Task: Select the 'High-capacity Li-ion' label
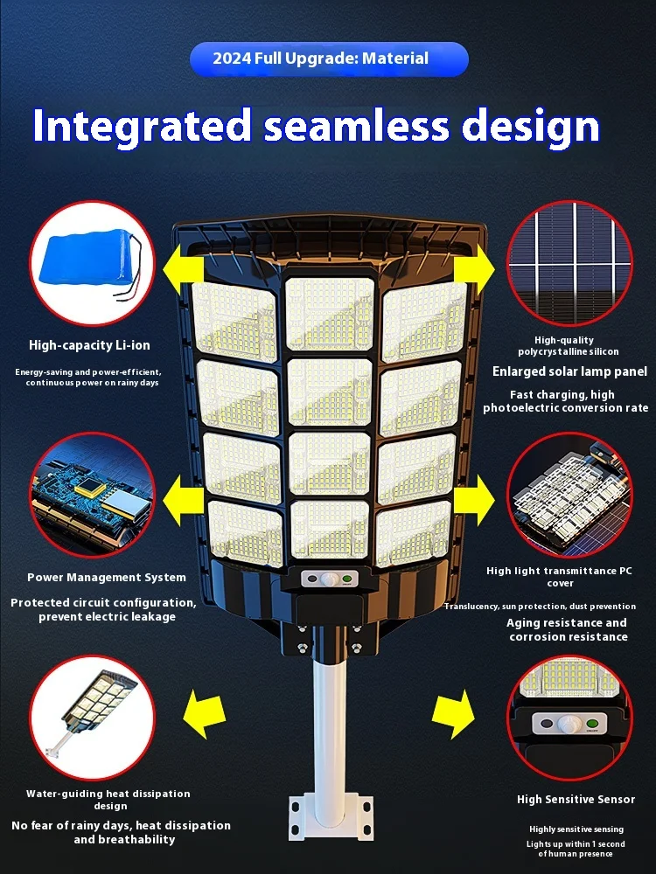(89, 346)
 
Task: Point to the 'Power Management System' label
(107, 577)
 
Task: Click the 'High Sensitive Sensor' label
(576, 800)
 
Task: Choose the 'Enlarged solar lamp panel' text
(569, 371)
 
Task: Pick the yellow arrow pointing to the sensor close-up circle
(454, 714)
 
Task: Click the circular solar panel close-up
(569, 262)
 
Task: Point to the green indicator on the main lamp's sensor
(347, 578)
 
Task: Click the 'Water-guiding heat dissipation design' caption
(108, 800)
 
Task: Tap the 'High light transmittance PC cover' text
(561, 577)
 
